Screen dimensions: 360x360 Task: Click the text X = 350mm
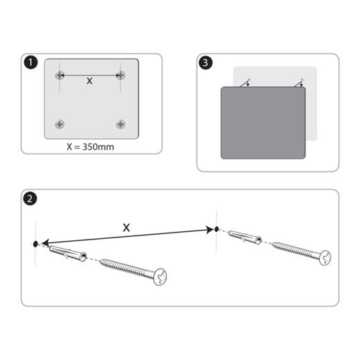click(x=91, y=146)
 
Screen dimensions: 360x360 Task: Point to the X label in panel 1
click(x=89, y=81)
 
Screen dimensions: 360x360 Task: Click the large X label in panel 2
click(x=126, y=226)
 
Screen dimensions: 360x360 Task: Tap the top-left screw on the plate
click(x=61, y=75)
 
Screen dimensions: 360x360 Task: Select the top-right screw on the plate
click(x=121, y=75)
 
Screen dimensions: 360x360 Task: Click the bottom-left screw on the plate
click(x=61, y=124)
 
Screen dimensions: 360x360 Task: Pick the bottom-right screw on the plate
click(x=121, y=124)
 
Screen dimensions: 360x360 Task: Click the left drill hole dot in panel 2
click(x=36, y=244)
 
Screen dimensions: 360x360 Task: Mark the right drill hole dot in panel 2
click(x=217, y=228)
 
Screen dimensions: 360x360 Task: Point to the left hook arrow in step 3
click(x=246, y=83)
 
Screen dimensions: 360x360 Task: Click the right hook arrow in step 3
click(x=300, y=83)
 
